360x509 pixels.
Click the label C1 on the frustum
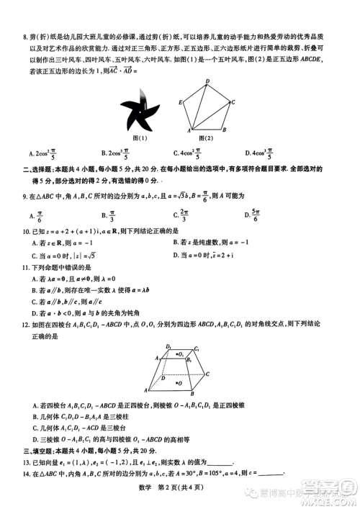click(197, 349)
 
